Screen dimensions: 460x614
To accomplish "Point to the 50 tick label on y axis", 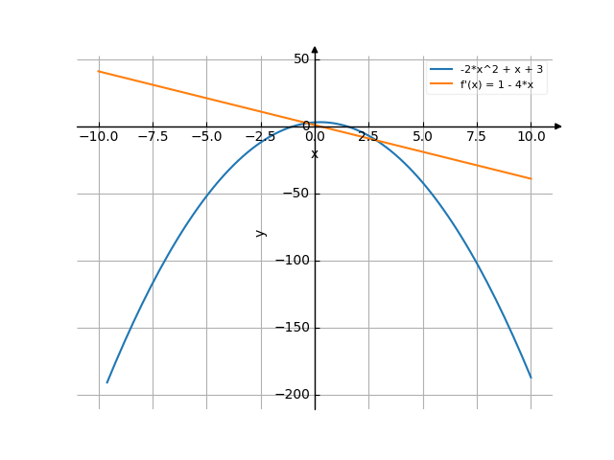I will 301,59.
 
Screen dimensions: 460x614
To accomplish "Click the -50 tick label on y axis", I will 296,194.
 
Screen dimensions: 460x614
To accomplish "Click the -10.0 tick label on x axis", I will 99,137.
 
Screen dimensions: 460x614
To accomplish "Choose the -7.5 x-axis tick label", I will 153,137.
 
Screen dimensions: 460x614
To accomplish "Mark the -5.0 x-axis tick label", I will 206,137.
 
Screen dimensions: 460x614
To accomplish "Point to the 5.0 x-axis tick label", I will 422,137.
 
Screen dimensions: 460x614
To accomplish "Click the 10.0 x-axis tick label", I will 531,137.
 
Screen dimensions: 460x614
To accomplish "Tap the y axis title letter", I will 260,232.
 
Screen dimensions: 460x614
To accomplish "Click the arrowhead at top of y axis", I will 315,49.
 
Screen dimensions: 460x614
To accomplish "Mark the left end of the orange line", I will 99,72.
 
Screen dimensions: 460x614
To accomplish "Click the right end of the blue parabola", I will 531,378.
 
